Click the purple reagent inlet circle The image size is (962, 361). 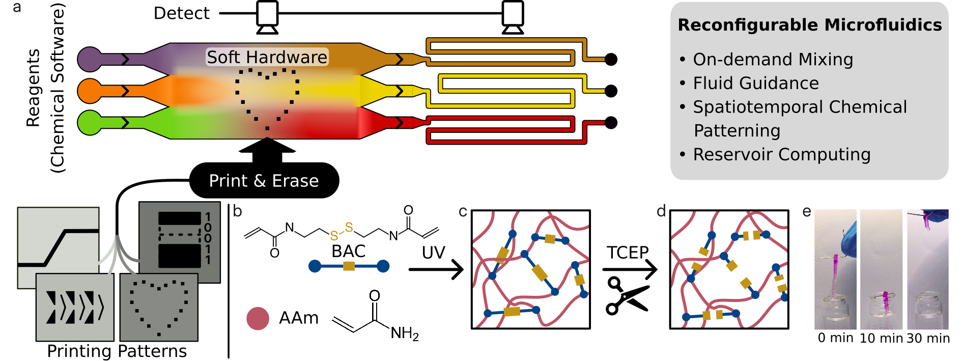point(90,59)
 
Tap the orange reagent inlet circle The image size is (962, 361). point(90,91)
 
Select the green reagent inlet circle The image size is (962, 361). point(90,123)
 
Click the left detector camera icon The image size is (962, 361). point(267,17)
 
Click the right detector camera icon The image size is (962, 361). point(513,17)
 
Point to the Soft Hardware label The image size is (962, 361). point(267,57)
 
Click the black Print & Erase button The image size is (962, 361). point(264,181)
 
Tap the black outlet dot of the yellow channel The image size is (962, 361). point(611,91)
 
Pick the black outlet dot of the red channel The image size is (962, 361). point(611,123)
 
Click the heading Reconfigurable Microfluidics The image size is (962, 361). point(810,25)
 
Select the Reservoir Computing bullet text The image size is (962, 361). point(782,154)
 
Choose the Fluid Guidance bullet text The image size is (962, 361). point(756,83)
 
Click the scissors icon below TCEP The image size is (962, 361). point(627,295)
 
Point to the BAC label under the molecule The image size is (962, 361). point(349,251)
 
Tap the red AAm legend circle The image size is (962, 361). point(258,319)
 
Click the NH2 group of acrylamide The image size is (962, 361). point(405,334)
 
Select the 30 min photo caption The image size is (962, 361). point(928,338)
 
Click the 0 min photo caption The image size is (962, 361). point(836,338)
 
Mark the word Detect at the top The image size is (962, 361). point(182,13)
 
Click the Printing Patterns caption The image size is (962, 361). point(117,351)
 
